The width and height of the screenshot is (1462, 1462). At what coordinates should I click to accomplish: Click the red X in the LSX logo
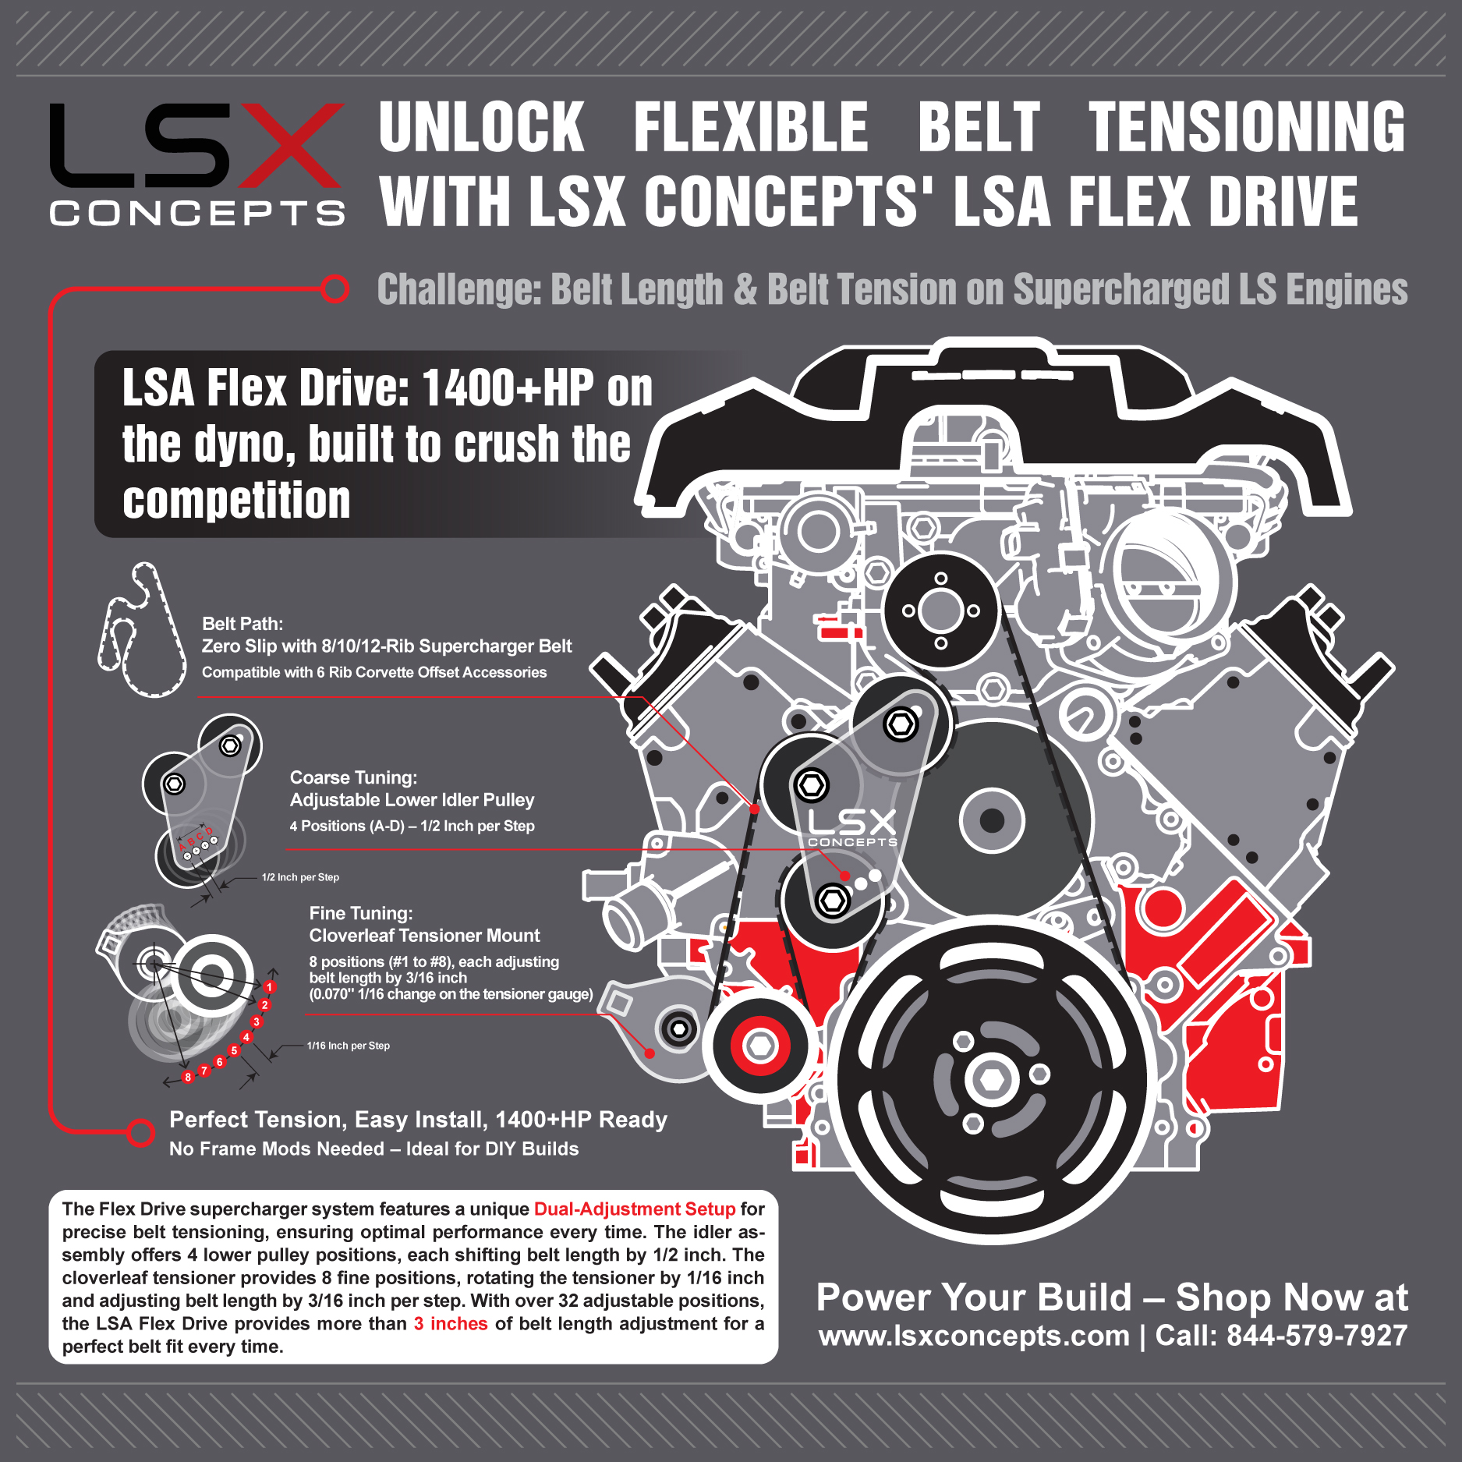pos(290,145)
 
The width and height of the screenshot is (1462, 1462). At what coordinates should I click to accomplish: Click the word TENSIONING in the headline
pos(1246,127)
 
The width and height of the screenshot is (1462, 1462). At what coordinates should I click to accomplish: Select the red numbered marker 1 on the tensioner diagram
pos(270,987)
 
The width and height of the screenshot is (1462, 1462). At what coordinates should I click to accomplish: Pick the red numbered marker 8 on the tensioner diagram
pos(187,1078)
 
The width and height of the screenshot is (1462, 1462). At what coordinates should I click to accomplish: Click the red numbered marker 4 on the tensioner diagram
pos(246,1038)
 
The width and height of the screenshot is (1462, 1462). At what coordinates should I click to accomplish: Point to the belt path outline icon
pos(140,632)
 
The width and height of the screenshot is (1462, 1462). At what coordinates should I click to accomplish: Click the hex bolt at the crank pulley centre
pos(991,1080)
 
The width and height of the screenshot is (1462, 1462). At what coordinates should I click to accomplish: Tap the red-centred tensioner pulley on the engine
pos(760,1045)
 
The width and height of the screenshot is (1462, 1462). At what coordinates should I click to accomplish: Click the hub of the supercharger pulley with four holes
pos(941,611)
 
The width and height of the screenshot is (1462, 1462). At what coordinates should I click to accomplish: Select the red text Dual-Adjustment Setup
pos(635,1209)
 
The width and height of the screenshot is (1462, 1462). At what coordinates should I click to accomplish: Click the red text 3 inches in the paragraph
pos(451,1323)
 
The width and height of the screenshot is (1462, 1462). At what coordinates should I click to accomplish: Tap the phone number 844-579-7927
pos(1317,1336)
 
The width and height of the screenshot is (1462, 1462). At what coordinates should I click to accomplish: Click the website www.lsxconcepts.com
pos(974,1336)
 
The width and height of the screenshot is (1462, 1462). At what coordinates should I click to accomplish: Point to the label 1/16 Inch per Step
pos(348,1046)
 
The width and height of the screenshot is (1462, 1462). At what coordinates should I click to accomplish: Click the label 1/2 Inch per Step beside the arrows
pos(300,877)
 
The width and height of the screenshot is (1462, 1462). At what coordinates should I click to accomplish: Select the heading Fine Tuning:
pos(361,913)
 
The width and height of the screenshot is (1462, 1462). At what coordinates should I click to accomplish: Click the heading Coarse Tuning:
pos(353,777)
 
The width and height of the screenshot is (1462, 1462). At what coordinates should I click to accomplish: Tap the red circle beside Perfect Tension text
pos(140,1132)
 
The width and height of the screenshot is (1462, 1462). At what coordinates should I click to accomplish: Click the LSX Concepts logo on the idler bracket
pos(852,827)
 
